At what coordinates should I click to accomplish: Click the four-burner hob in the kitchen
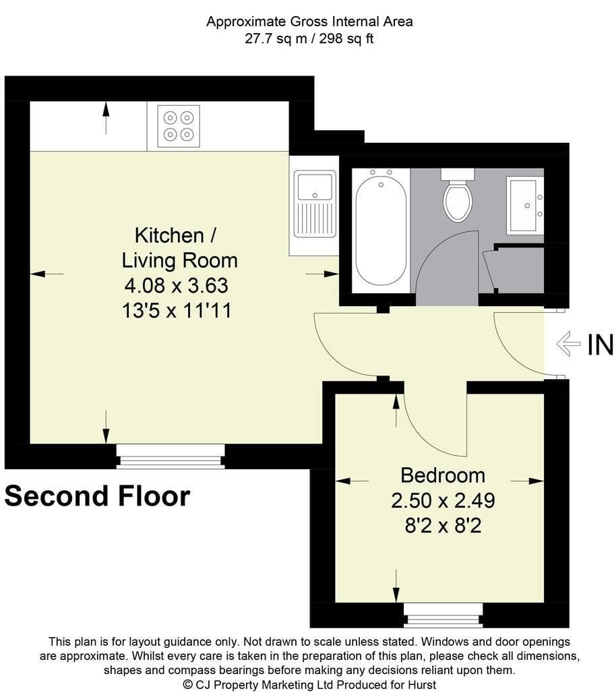[179, 126]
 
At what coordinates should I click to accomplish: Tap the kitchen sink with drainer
[315, 204]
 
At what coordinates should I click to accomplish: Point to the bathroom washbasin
[525, 205]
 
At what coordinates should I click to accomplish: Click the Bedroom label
[443, 475]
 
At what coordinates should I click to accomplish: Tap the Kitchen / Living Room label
[179, 248]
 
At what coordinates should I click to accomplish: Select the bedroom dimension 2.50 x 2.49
[443, 500]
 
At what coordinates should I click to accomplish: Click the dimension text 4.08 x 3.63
[177, 286]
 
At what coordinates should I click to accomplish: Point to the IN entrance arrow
[568, 343]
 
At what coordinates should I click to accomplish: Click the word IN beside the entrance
[601, 344]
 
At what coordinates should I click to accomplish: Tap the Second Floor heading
[97, 496]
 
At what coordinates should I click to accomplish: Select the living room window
[170, 456]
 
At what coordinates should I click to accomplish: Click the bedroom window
[443, 615]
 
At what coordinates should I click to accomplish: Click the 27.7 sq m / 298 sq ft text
[309, 39]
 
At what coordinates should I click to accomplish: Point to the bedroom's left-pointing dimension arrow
[352, 481]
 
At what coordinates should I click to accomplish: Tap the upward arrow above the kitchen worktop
[106, 118]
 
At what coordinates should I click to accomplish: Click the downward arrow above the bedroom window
[396, 586]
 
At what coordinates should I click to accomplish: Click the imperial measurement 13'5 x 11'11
[177, 311]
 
